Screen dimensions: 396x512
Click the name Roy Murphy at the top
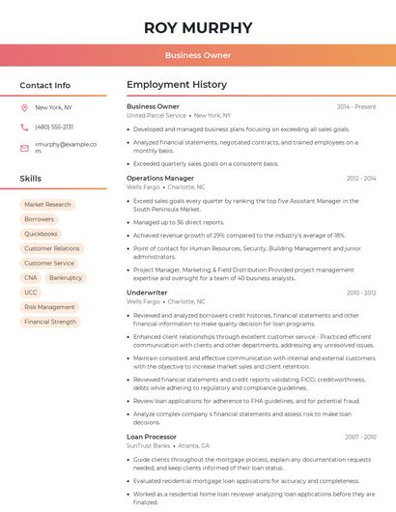click(x=197, y=27)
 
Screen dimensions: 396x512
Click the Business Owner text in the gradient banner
click(x=197, y=55)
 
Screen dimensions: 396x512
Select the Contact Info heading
click(x=44, y=85)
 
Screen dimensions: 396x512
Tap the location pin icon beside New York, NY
click(x=24, y=107)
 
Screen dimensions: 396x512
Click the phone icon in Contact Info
click(x=24, y=127)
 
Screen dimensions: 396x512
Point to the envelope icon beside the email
click(x=24, y=148)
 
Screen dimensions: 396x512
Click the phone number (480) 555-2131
click(x=54, y=127)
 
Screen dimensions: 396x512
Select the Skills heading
click(x=31, y=179)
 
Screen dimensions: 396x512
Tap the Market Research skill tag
click(x=47, y=205)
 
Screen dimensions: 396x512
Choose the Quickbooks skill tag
click(x=41, y=234)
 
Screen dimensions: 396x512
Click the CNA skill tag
click(x=31, y=277)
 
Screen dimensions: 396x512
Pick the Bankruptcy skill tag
click(x=66, y=277)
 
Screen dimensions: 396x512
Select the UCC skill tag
click(x=31, y=292)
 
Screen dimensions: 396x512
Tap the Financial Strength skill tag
click(x=50, y=322)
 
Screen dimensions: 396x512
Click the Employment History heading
click(x=177, y=85)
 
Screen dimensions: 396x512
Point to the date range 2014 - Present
click(x=356, y=106)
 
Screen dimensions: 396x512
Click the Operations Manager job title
click(x=160, y=178)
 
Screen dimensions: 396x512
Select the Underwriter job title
click(x=147, y=292)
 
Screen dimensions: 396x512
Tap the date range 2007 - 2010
click(x=360, y=437)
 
